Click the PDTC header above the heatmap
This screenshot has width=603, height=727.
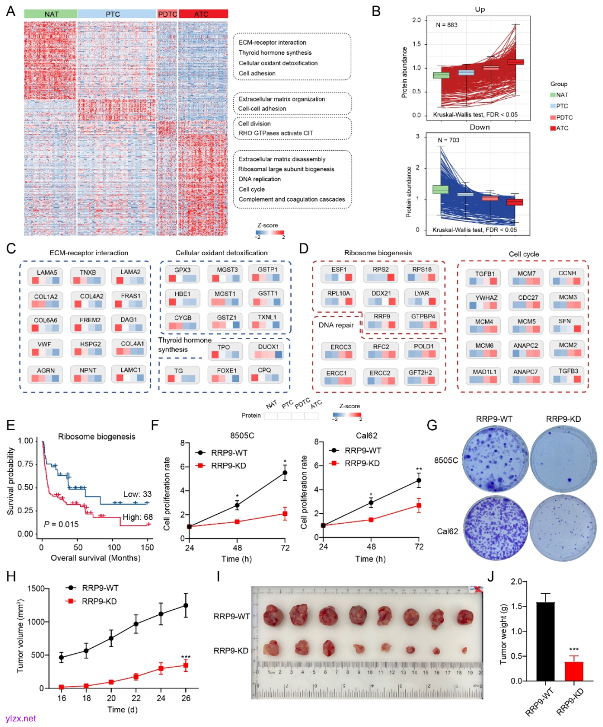(167, 14)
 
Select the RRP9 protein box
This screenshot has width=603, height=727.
(382, 321)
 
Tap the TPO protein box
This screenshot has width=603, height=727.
(224, 351)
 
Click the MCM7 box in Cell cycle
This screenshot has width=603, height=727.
(526, 278)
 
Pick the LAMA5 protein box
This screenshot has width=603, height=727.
(47, 276)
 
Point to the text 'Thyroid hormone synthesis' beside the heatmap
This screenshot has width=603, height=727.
(275, 52)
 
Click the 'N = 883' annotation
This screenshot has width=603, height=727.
(447, 25)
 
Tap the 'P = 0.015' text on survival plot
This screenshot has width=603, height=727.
(61, 524)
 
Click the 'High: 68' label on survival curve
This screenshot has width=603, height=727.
(137, 517)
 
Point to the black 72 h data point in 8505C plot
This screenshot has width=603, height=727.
(285, 473)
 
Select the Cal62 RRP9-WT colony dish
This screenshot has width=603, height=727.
(495, 528)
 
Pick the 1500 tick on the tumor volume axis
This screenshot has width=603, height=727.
(36, 589)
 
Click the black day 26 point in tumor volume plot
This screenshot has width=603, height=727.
(186, 605)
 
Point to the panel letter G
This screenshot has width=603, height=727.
(432, 425)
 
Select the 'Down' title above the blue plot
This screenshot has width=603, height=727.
(480, 127)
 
